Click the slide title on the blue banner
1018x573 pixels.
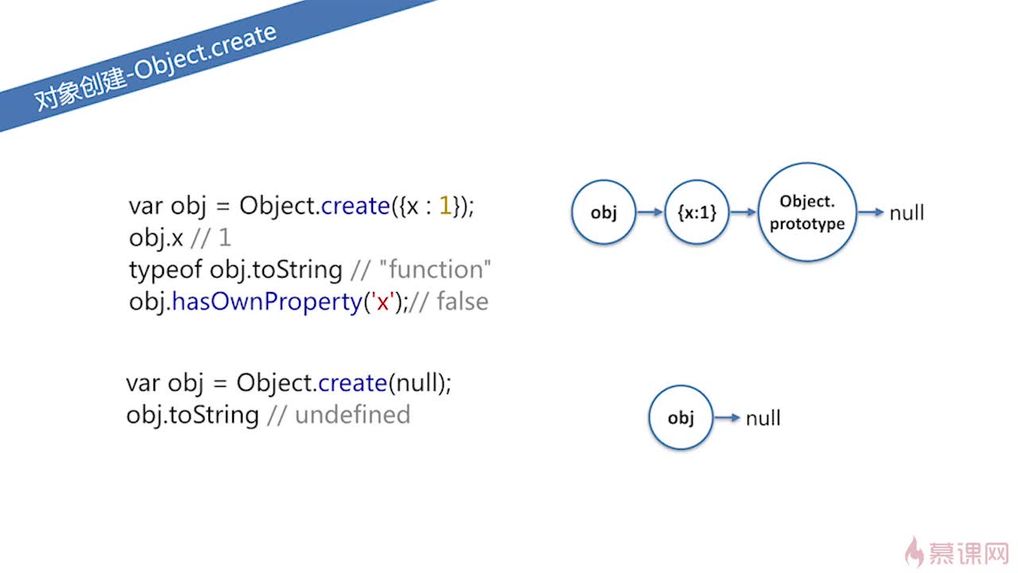point(155,67)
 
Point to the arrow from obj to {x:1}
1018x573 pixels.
point(650,212)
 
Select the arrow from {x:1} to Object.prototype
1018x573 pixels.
point(744,212)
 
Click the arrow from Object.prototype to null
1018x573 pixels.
point(871,212)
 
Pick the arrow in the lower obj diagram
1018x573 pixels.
point(727,418)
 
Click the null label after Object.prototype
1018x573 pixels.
point(907,212)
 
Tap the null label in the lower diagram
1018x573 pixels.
point(763,419)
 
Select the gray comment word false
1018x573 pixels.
point(463,302)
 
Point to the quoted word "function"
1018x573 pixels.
point(435,269)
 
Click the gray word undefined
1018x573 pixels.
point(352,415)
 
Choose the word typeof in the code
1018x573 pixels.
point(165,270)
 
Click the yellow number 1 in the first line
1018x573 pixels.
point(445,205)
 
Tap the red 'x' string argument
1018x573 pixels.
point(383,302)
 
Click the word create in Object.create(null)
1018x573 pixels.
point(352,382)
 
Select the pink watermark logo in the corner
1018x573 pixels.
point(957,552)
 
